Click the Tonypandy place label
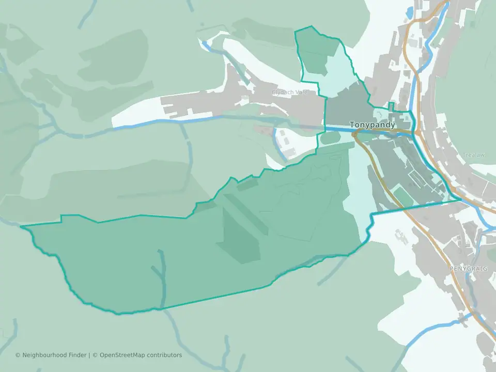click(372, 125)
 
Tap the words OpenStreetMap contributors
click(141, 355)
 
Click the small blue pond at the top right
click(410, 11)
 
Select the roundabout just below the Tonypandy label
click(355, 134)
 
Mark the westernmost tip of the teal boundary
click(21, 226)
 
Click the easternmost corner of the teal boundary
click(460, 199)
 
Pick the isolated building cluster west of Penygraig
click(400, 236)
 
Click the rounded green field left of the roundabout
click(330, 138)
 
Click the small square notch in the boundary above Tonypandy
click(391, 106)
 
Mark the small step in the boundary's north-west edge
click(61, 219)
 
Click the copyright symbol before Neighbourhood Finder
click(18, 355)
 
